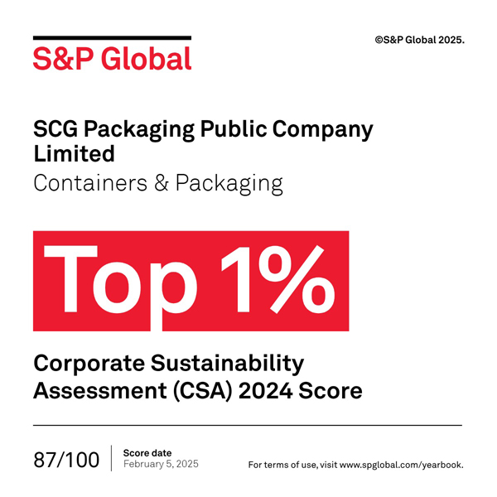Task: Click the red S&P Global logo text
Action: [112, 58]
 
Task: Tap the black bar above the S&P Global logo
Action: [112, 38]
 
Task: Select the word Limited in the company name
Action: [74, 154]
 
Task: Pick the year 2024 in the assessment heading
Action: [268, 389]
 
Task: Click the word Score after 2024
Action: [332, 389]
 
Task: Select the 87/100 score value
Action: [66, 459]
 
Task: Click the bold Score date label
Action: [147, 452]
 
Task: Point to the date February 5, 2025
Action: [161, 464]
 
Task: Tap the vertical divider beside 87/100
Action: [111, 458]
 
